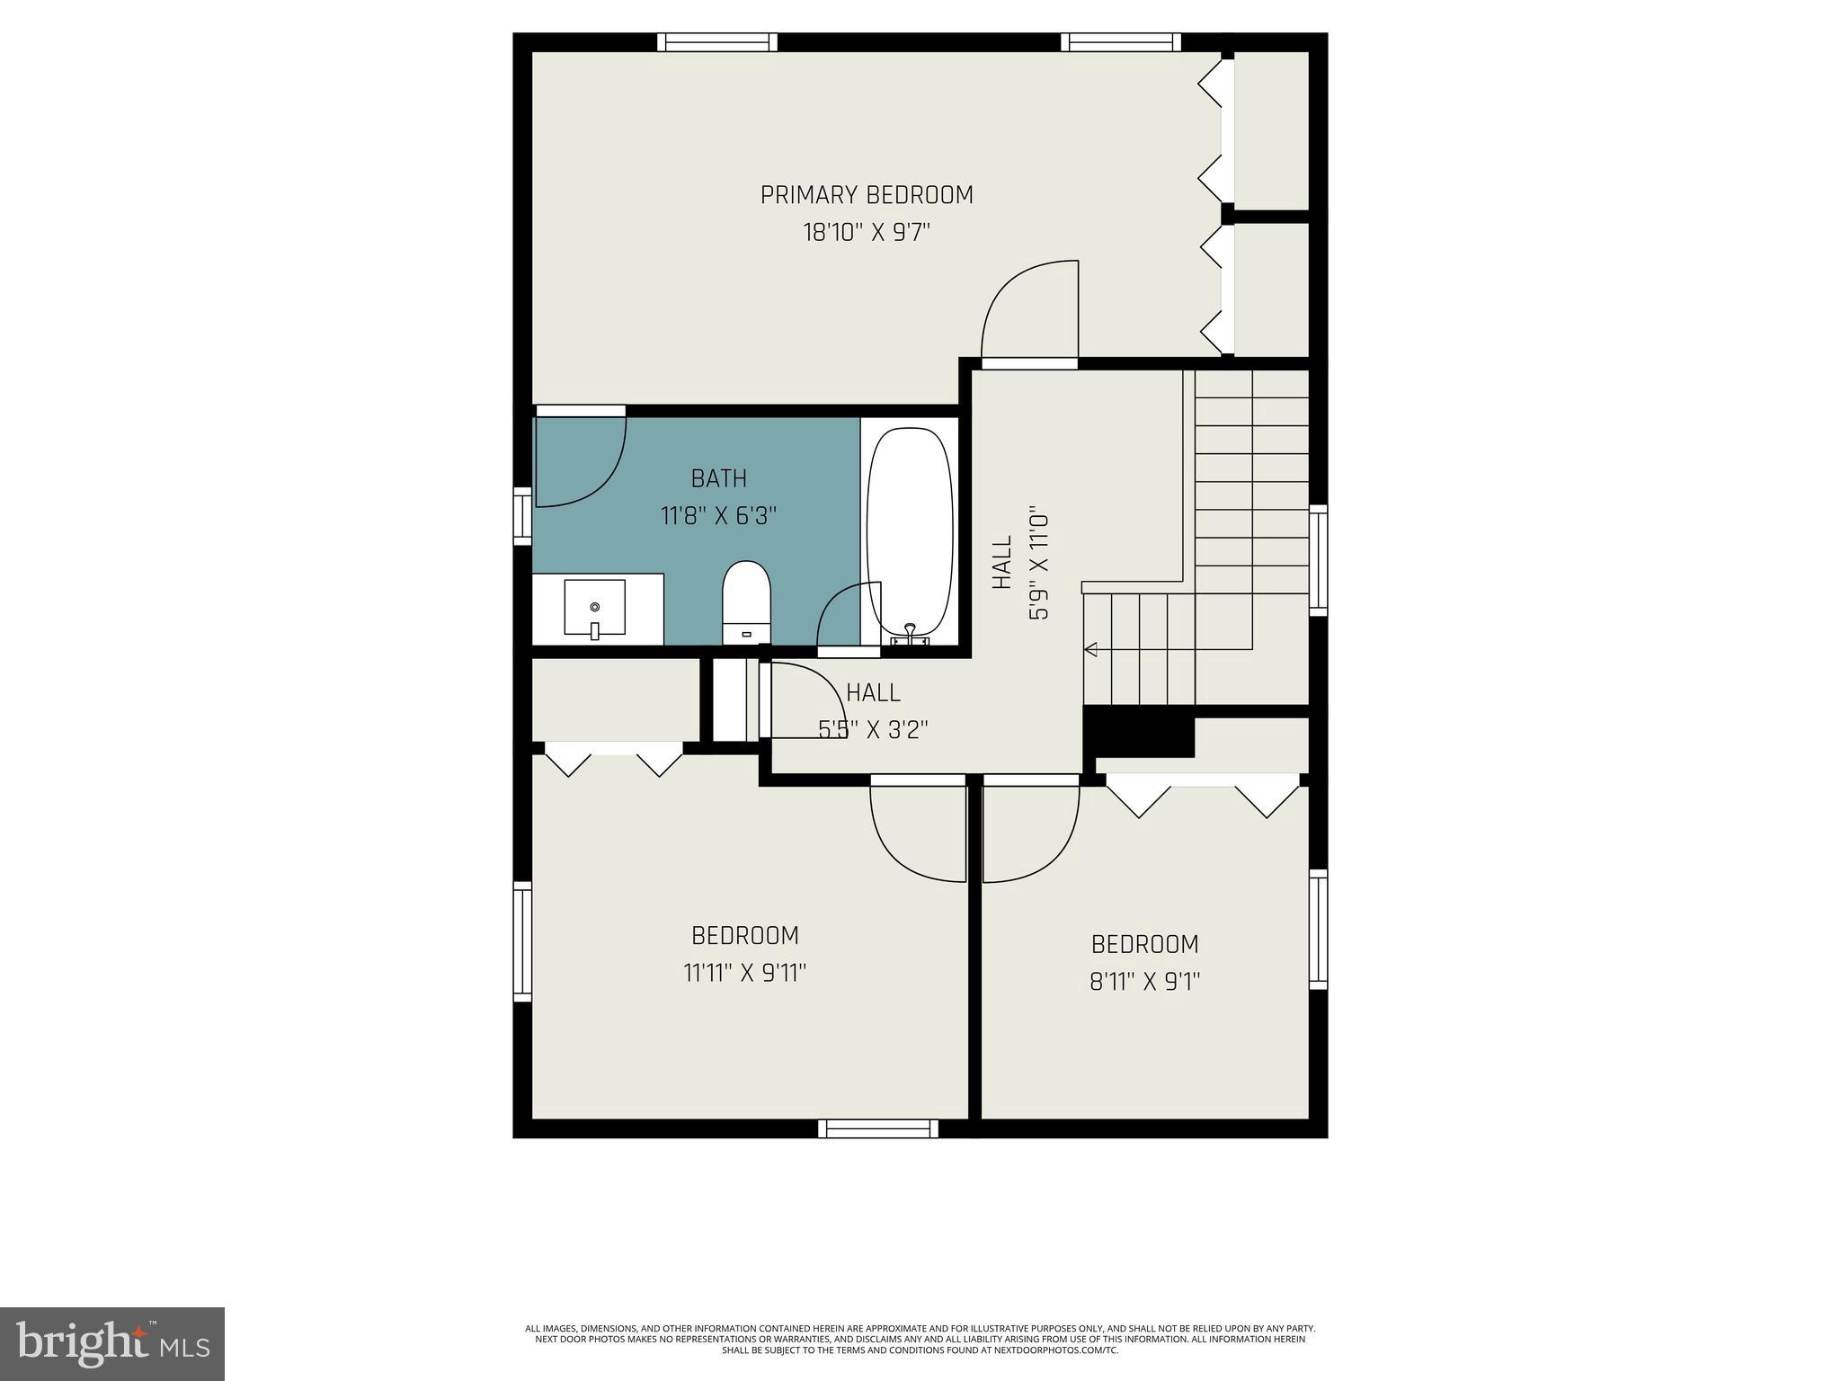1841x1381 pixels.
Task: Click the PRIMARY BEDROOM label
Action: [867, 195]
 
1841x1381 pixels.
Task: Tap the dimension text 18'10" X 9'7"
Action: [867, 233]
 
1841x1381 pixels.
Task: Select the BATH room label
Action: [718, 478]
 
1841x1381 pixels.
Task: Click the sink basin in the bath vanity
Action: [594, 608]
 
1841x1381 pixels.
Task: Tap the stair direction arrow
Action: [1092, 649]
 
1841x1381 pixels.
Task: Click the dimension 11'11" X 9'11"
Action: [745, 973]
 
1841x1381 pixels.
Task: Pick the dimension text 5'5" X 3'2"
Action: [873, 729]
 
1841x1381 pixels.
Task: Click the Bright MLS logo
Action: [112, 1343]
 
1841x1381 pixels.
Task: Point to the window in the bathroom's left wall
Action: [522, 516]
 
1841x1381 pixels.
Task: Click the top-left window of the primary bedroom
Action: [716, 41]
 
